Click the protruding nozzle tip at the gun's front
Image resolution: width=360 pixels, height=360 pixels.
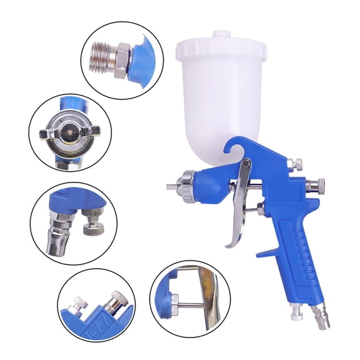tap(172, 186)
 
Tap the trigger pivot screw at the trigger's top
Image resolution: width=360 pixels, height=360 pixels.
tap(247, 164)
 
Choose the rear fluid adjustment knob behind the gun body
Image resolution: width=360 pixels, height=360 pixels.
tap(317, 184)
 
